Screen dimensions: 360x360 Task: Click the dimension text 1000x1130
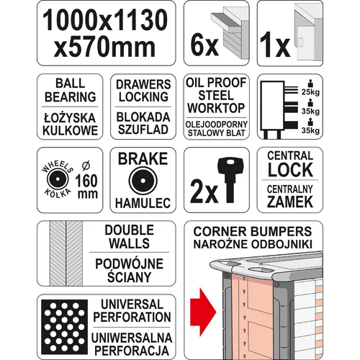pos(105,20)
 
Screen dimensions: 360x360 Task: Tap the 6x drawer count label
pos(204,45)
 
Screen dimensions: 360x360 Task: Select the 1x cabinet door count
pos(275,45)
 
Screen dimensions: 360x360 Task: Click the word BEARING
pos(71,97)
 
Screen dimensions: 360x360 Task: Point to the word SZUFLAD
pos(143,130)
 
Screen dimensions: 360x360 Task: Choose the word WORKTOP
pos(216,108)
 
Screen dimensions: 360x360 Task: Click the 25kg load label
pos(310,92)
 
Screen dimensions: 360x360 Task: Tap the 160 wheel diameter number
pos(86,181)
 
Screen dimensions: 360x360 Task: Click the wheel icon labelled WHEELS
pos(58,179)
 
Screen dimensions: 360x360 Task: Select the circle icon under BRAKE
pos(143,180)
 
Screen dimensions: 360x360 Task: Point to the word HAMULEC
pos(143,203)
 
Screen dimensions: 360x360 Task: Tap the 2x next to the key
pos(204,192)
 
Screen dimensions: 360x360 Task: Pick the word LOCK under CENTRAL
pos(290,170)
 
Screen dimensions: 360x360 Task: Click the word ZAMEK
pos(290,202)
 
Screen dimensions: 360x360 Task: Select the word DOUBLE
pos(130,230)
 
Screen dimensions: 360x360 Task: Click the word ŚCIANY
pos(129,276)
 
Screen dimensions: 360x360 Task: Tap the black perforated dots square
pos(64,327)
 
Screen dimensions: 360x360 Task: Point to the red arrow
pos(203,312)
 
